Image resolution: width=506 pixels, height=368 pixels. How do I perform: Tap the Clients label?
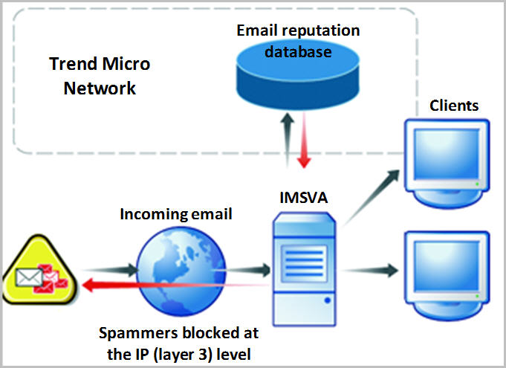click(x=454, y=106)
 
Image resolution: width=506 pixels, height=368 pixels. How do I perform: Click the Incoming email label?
click(x=176, y=214)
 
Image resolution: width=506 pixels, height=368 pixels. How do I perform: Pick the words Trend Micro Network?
click(x=99, y=75)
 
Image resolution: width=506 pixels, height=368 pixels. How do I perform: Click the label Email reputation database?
click(x=297, y=42)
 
